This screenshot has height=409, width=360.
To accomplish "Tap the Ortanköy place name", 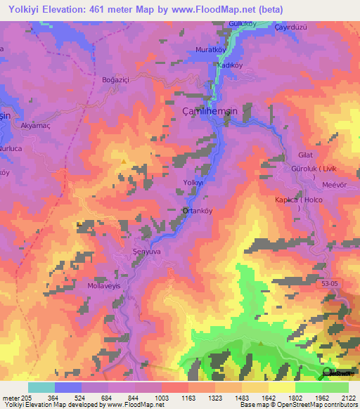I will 198,210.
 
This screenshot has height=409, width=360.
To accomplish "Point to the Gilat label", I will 305,154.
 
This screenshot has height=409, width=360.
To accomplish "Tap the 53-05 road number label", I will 329,283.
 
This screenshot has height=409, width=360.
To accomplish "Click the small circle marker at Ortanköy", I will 185,210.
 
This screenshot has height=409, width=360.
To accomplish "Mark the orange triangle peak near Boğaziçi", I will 124,161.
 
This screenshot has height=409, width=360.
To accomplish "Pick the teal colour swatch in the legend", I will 41,387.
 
